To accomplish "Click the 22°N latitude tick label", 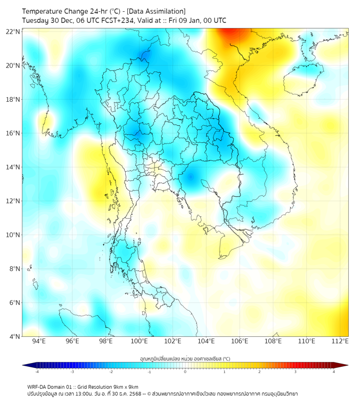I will point(13,32).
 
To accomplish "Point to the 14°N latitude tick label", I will point(13,167).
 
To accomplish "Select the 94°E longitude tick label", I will point(39,341).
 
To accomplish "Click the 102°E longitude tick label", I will point(173,341).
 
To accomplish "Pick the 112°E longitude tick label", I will point(340,341).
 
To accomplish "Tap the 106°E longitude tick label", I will point(240,341).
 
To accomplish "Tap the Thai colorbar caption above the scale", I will point(185,358).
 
